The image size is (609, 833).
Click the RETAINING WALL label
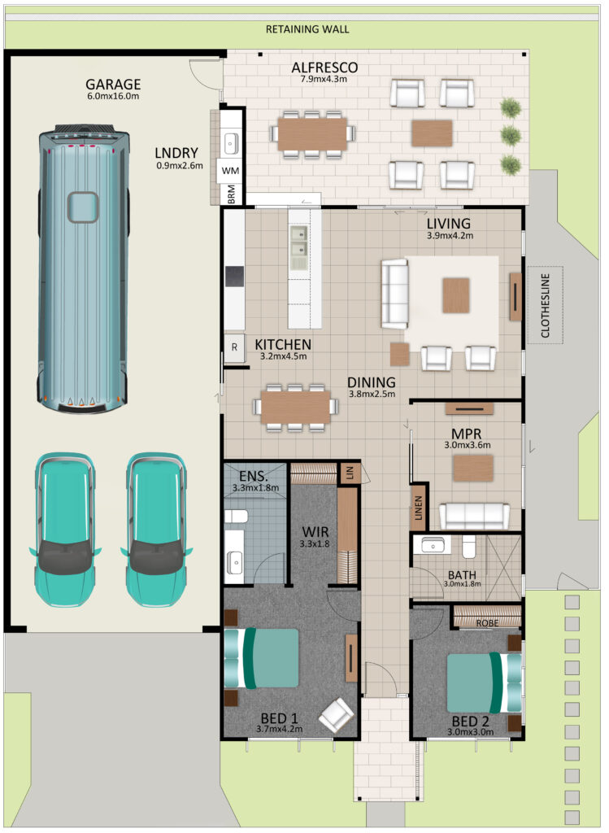[307, 29]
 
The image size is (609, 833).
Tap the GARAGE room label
[113, 85]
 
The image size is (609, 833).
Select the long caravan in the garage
[84, 268]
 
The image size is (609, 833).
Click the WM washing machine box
[230, 171]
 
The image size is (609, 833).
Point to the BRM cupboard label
[232, 194]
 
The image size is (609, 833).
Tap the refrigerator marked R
[234, 347]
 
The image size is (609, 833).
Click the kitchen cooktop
[234, 277]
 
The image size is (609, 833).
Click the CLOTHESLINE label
[546, 306]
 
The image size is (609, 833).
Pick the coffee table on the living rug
[456, 294]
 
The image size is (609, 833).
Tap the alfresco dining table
[312, 134]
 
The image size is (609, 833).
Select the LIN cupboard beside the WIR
[350, 473]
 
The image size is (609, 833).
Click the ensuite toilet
[237, 517]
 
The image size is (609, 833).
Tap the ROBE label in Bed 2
[487, 622]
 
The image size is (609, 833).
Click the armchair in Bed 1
[336, 715]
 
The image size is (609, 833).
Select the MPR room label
[466, 434]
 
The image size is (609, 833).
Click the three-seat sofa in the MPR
[474, 516]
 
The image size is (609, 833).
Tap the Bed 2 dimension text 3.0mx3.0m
[471, 731]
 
